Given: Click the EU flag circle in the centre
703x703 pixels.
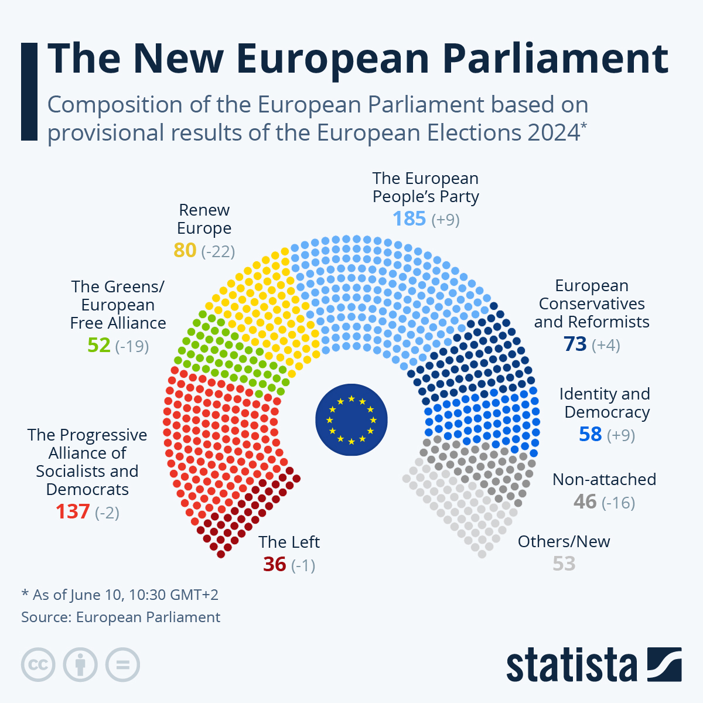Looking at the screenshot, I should click(x=351, y=419).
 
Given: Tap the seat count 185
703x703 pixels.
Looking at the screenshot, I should click(x=409, y=219).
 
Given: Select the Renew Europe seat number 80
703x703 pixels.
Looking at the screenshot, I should click(x=185, y=250).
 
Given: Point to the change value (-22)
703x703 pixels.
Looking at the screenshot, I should click(x=218, y=251).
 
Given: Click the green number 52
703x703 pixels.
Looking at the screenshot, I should click(x=99, y=345).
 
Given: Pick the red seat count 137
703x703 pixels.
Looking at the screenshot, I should click(x=73, y=512).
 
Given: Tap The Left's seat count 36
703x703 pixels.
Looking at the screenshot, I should click(x=274, y=565).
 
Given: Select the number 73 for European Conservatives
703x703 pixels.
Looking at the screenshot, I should click(x=575, y=344).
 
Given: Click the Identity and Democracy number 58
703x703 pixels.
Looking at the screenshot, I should click(x=590, y=435).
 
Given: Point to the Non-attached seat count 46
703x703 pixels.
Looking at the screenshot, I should click(x=585, y=502).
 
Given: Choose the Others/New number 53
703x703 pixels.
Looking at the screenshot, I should click(x=564, y=564).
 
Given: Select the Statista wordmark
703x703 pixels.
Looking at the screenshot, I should click(x=572, y=665).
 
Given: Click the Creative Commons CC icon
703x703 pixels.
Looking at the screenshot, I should click(x=38, y=665).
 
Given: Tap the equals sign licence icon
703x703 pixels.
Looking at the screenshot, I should click(x=122, y=665).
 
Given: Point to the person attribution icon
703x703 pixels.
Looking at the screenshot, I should click(x=80, y=665).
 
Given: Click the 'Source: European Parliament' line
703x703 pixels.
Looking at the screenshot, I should click(x=121, y=617).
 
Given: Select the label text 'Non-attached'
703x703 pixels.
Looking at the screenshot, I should click(x=604, y=479).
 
